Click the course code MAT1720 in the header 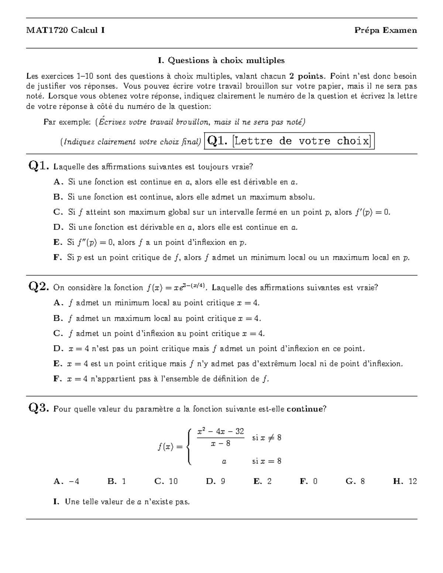47,31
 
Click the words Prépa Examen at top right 385,31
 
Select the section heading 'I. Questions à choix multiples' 221,60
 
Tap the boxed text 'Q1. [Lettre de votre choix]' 289,141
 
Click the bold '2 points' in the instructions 307,76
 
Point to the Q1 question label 38,166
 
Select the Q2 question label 38,287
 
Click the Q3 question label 38,408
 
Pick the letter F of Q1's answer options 57,258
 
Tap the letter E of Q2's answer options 57,364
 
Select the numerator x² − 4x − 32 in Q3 220,431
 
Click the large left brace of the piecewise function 189,447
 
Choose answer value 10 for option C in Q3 173,481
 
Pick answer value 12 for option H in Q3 413,481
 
